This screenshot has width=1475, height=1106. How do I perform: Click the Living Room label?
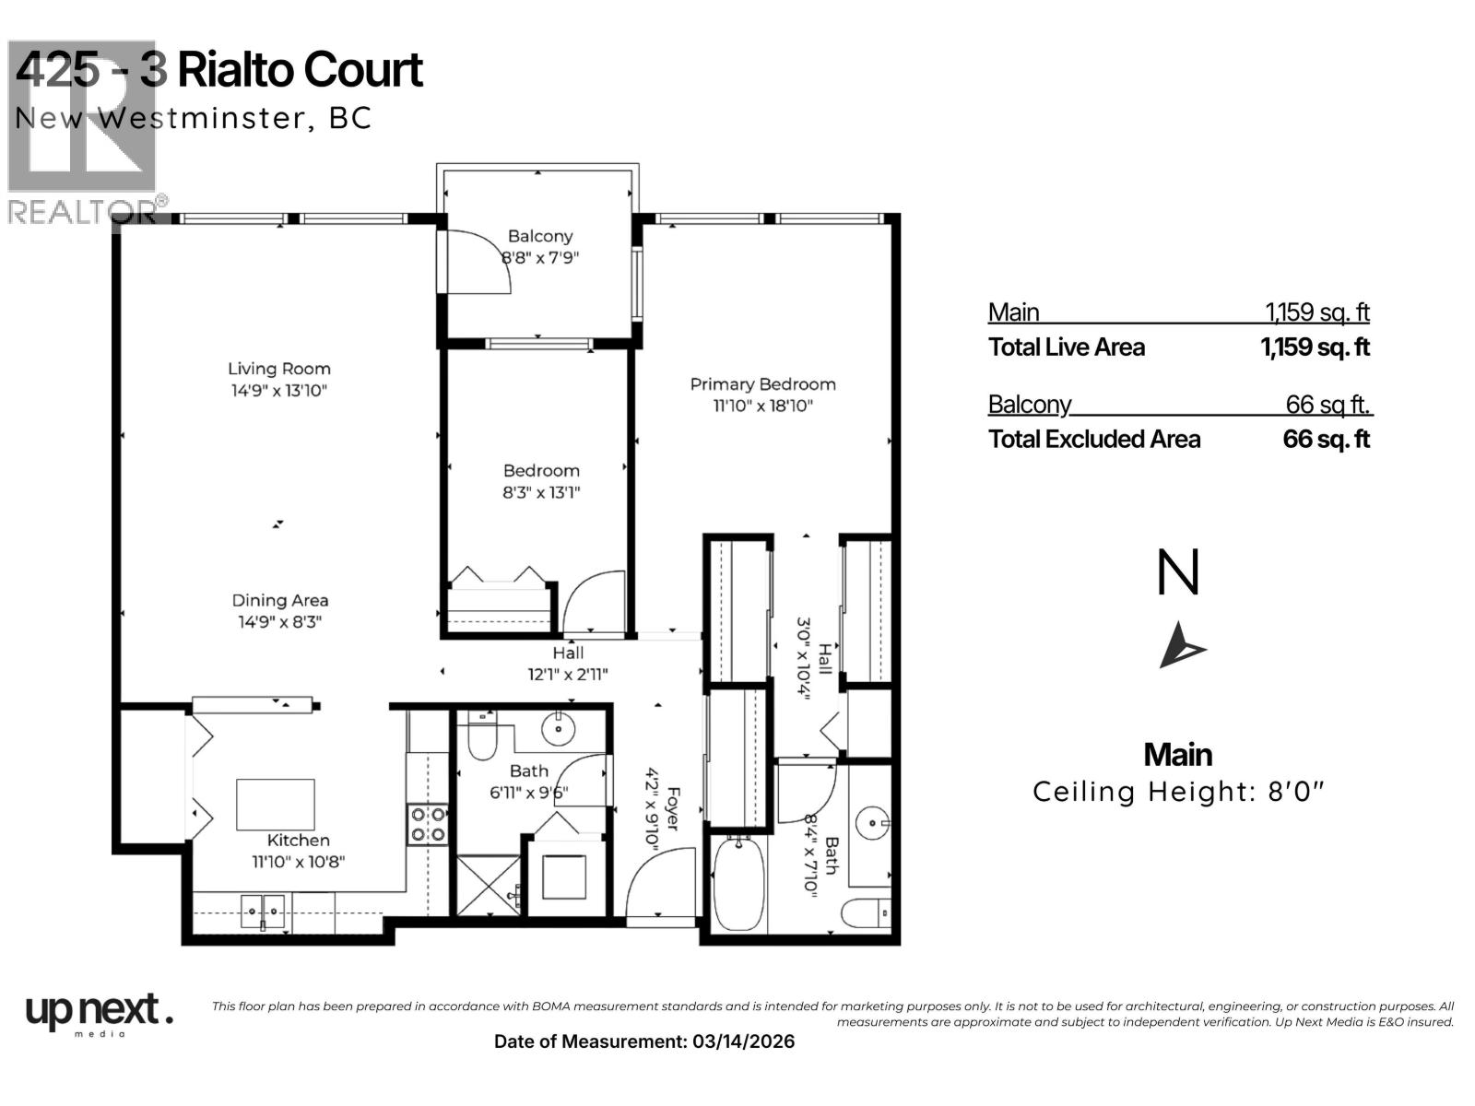[278, 369]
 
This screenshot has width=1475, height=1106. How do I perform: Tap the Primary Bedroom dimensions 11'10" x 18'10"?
[762, 406]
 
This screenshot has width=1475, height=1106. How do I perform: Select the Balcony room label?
[540, 237]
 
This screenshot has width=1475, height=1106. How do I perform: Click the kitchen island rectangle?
[275, 805]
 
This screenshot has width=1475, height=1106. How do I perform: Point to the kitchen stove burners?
[428, 824]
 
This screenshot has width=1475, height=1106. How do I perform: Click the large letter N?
[1178, 573]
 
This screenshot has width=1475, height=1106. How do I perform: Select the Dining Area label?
[279, 601]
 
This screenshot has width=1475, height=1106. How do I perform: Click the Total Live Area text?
[1067, 347]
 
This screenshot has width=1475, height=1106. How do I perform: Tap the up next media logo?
[98, 1013]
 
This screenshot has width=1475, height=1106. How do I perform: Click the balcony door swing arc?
[484, 262]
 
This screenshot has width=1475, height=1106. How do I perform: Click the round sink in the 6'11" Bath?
[559, 729]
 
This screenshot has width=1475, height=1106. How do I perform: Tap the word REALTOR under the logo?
[81, 212]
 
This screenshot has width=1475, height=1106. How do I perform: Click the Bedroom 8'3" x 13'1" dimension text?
[541, 492]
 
